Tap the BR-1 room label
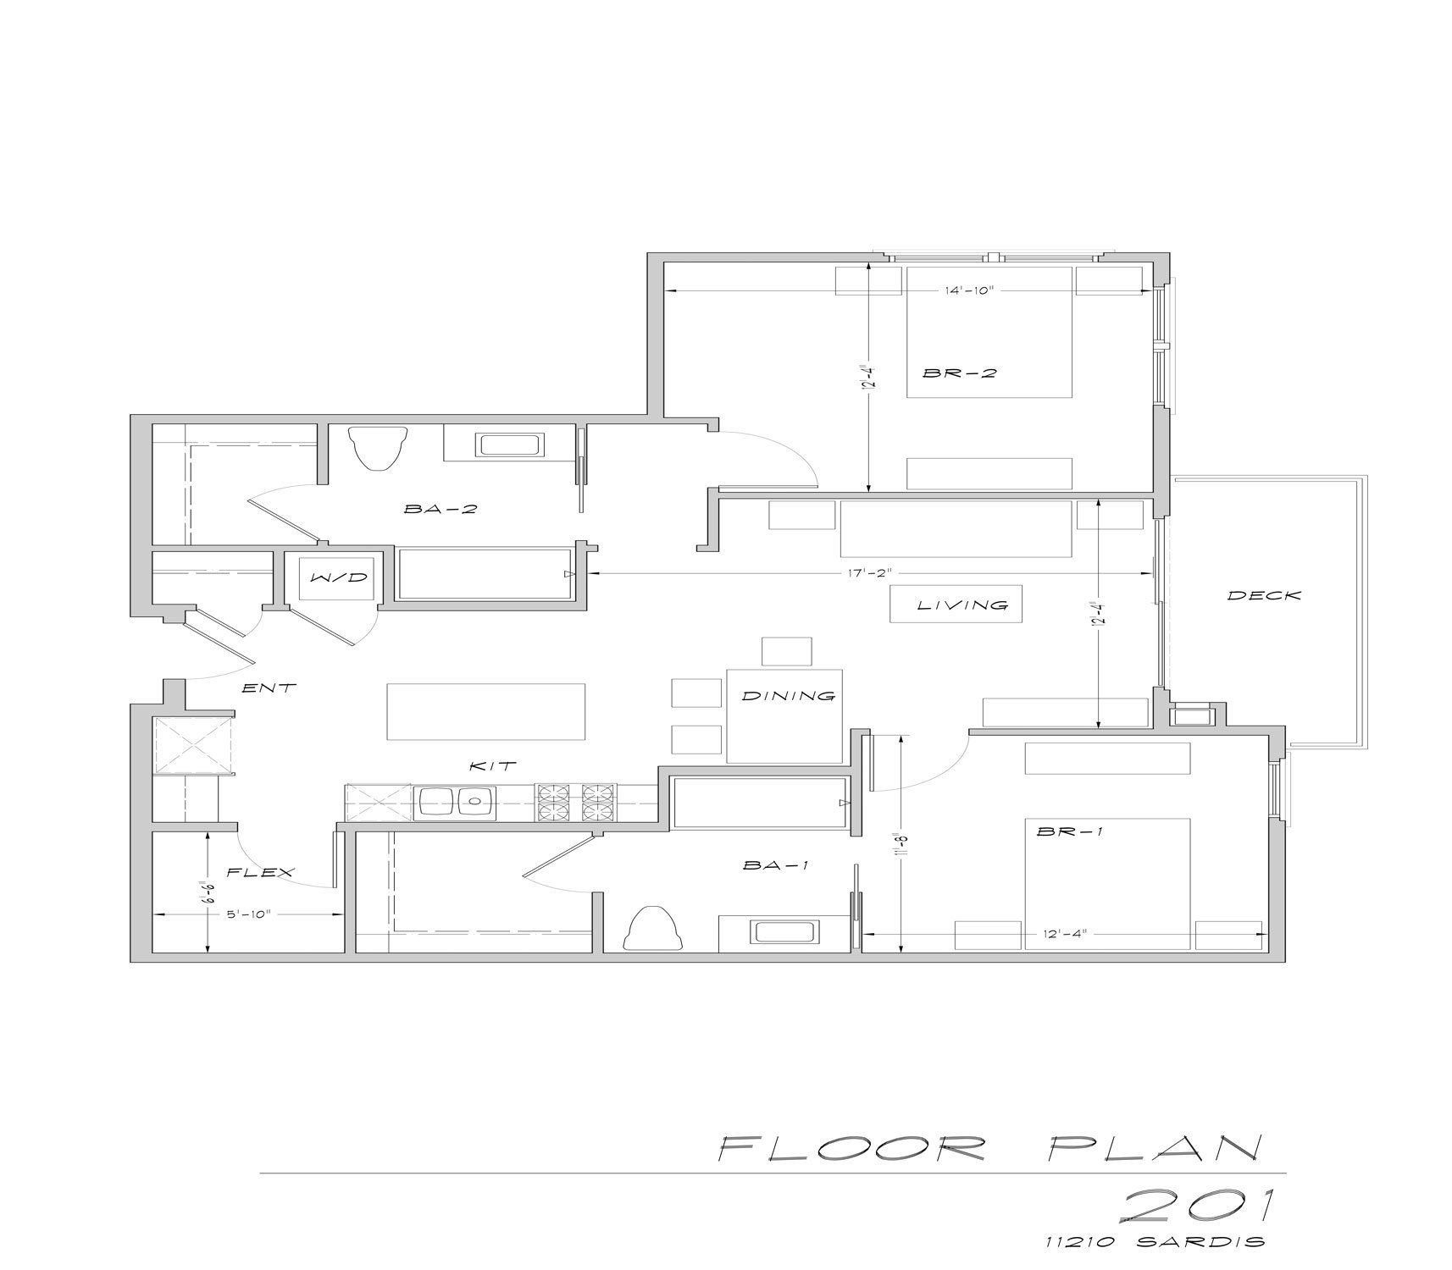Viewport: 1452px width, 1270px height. point(1070,831)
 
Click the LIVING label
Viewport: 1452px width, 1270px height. point(963,605)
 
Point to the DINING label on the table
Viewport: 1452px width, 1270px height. point(789,696)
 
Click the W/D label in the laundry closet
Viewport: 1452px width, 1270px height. point(339,577)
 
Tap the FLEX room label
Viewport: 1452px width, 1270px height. point(260,872)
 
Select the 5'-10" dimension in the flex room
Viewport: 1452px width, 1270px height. point(247,914)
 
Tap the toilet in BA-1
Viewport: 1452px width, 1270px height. point(653,929)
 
